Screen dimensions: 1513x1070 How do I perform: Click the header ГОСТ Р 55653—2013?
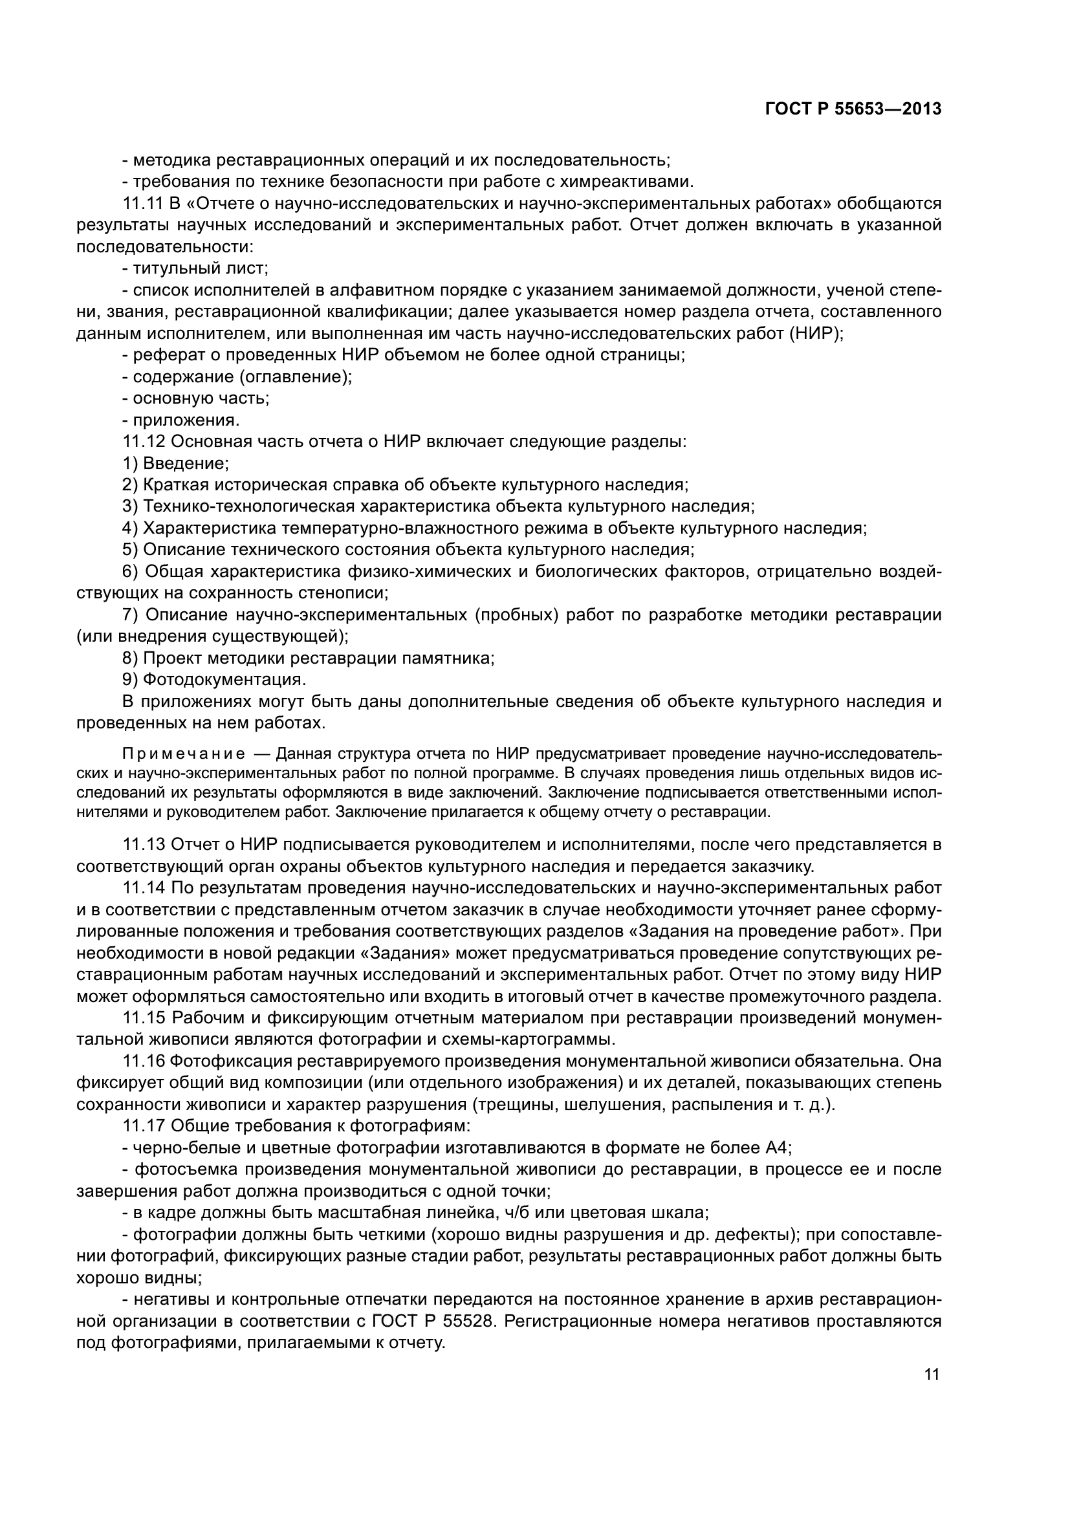coord(853,109)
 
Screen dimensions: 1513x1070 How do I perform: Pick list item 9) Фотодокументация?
coord(214,679)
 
